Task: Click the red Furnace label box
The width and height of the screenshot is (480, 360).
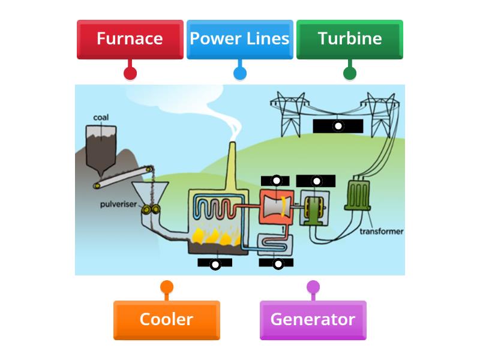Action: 130,39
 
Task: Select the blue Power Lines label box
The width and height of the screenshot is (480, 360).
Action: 239,39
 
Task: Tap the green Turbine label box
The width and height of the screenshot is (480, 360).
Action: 349,39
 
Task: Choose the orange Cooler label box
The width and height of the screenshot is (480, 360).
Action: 166,319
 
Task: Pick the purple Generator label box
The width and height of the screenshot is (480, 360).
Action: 313,319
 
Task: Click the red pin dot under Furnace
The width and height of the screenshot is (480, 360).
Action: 130,73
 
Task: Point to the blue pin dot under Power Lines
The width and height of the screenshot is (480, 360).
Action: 239,73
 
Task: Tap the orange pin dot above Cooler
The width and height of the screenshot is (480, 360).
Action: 166,287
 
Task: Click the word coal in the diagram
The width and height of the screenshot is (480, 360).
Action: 101,117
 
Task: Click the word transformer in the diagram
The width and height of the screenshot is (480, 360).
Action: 382,231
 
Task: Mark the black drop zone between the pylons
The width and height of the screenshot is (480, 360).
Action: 338,126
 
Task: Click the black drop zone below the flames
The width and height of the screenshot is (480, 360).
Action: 215,263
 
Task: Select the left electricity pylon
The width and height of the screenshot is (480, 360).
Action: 290,114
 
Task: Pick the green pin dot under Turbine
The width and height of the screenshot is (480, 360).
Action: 349,73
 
